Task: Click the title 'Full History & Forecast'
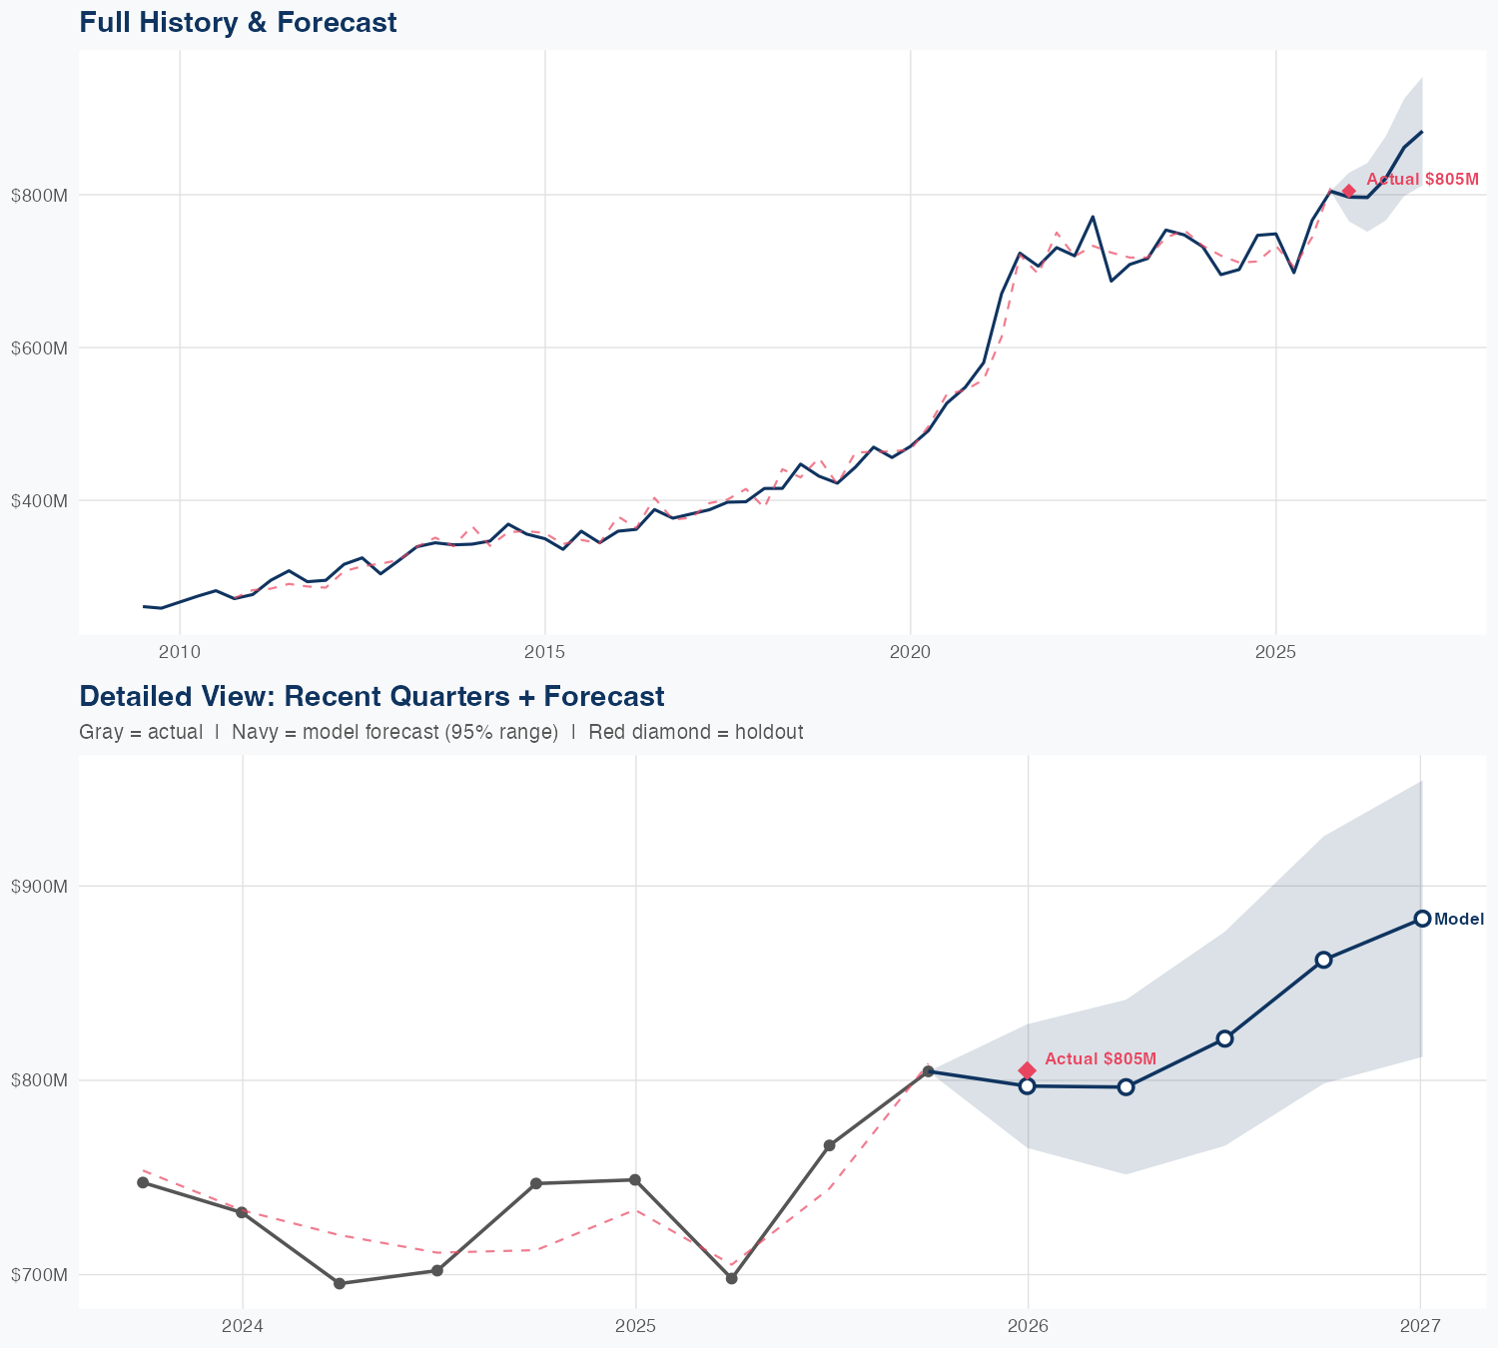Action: tap(238, 23)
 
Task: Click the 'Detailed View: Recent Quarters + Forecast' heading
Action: tap(372, 696)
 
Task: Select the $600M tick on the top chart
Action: tap(39, 348)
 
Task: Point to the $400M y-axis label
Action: tap(39, 501)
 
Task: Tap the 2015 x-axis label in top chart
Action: tap(544, 652)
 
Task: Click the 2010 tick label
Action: tap(180, 652)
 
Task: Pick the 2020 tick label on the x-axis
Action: tap(910, 652)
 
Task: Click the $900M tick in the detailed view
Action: tap(39, 887)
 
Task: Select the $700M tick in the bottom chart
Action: tap(39, 1275)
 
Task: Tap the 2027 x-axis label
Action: tap(1420, 1326)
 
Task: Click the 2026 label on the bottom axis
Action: tap(1028, 1326)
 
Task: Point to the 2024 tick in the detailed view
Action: tap(242, 1326)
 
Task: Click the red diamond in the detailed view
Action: tap(1027, 1070)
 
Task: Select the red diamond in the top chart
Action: tap(1348, 191)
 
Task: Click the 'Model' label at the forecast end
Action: tap(1459, 920)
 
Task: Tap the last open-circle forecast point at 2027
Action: tap(1422, 919)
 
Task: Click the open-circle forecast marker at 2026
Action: tap(1027, 1085)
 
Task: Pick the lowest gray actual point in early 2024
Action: tap(340, 1283)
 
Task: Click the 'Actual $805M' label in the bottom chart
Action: tap(1101, 1058)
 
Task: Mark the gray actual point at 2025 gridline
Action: tap(634, 1180)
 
